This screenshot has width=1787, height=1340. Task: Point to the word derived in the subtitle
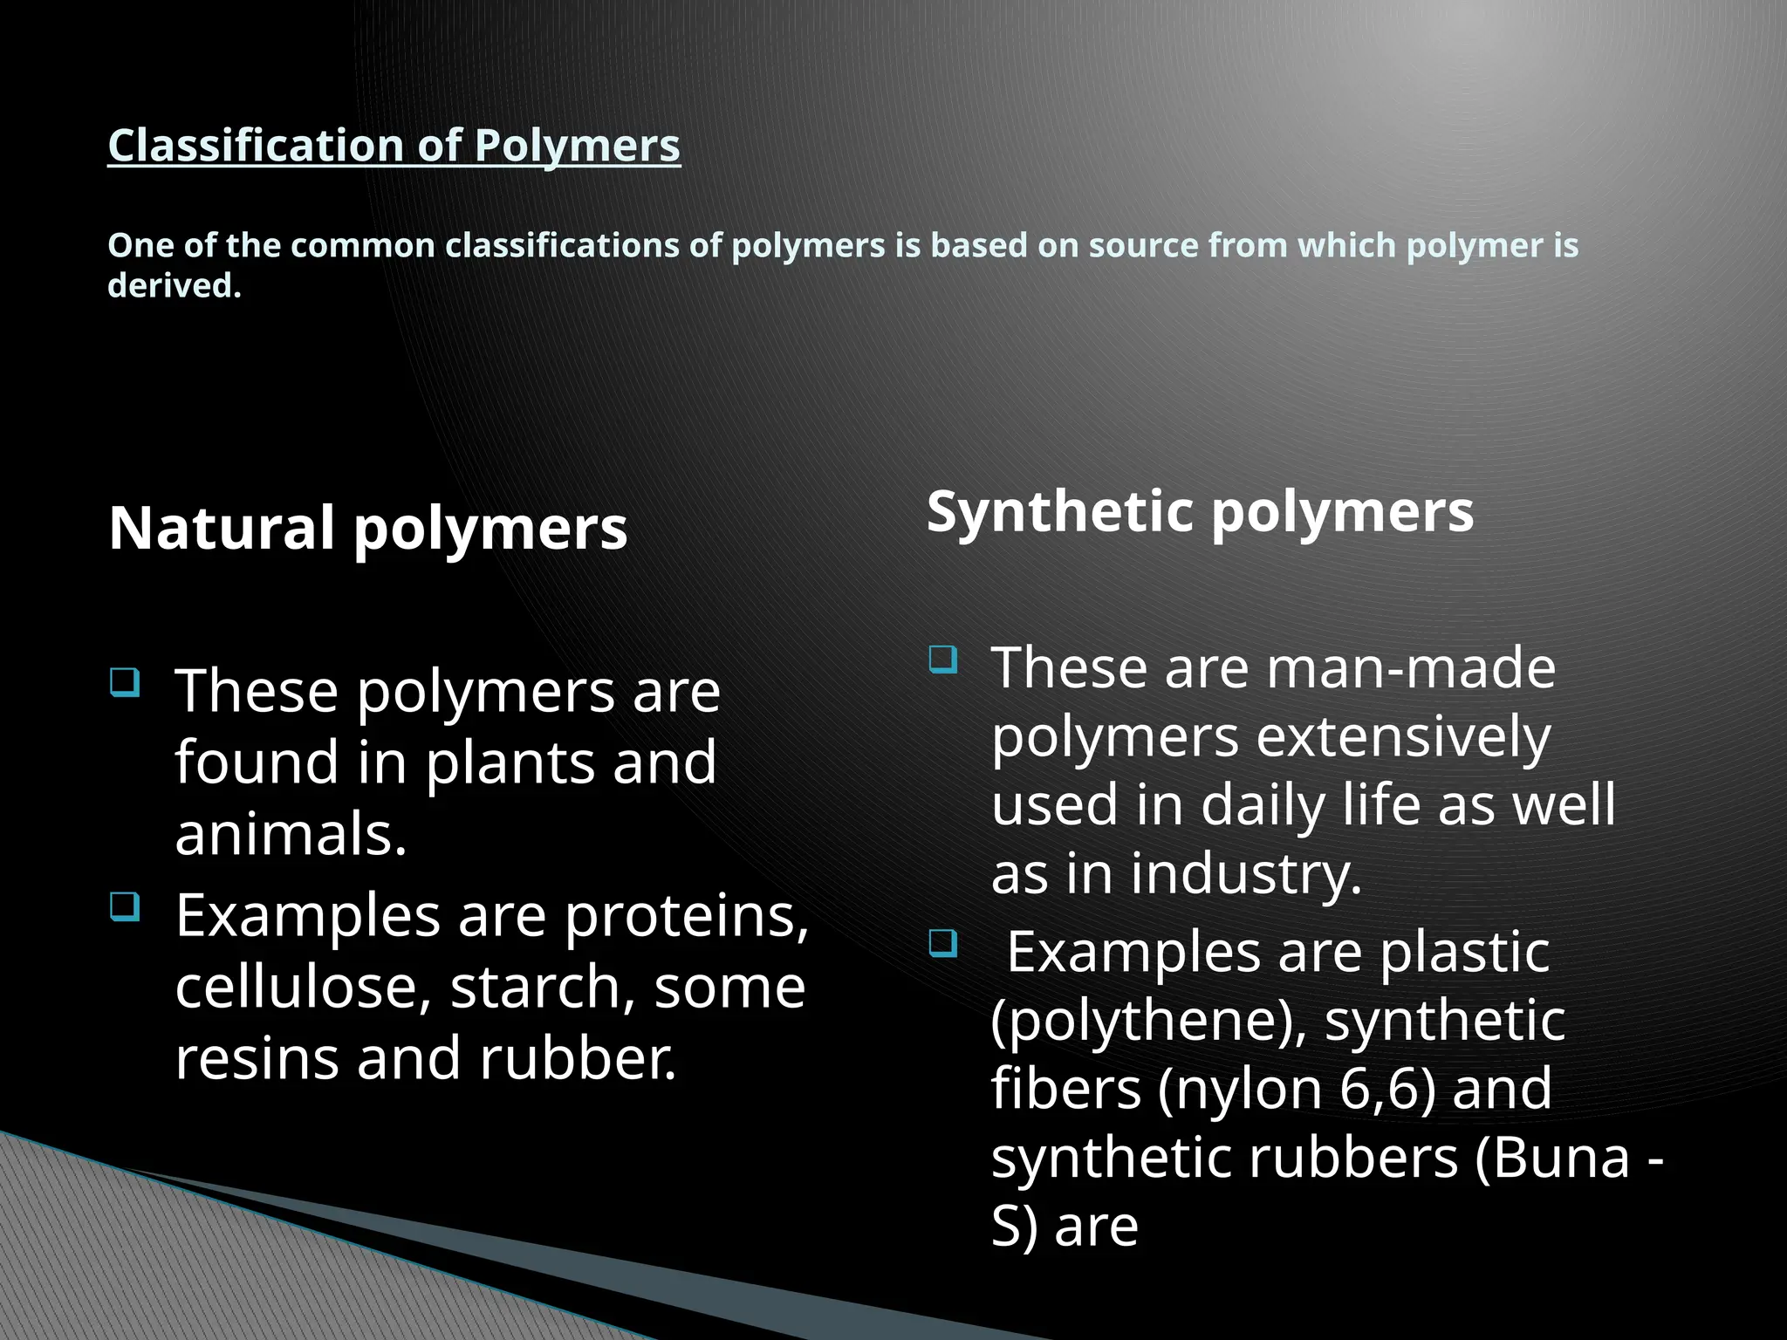[x=174, y=285]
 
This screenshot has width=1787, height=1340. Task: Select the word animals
[x=291, y=834]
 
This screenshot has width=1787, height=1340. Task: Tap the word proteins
[x=687, y=916]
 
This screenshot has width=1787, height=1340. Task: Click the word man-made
[x=1411, y=668]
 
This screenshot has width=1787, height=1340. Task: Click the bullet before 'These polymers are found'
[x=126, y=681]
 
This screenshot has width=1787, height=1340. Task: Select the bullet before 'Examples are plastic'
[x=943, y=943]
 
